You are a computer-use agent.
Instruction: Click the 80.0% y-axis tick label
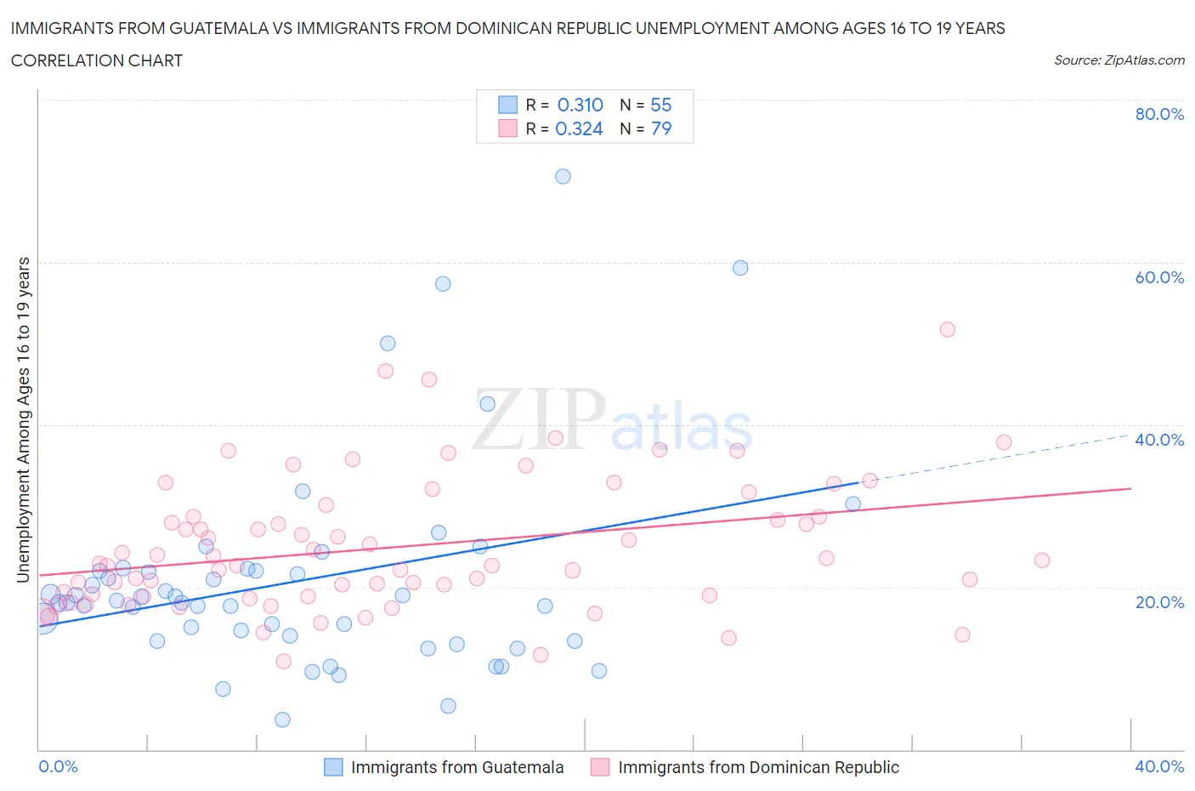pyautogui.click(x=1159, y=114)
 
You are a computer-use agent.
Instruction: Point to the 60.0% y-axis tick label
pyautogui.click(x=1159, y=277)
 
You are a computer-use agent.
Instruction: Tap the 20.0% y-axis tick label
pyautogui.click(x=1159, y=602)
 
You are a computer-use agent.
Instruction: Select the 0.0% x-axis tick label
pyautogui.click(x=58, y=766)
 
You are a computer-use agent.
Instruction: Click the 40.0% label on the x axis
pyautogui.click(x=1159, y=766)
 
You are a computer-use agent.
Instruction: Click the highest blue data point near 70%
pyautogui.click(x=563, y=177)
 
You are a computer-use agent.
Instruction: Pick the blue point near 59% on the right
pyautogui.click(x=740, y=268)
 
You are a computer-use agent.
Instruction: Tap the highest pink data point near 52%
pyautogui.click(x=948, y=330)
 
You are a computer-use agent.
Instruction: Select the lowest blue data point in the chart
pyautogui.click(x=283, y=720)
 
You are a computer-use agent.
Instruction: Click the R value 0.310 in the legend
pyautogui.click(x=580, y=105)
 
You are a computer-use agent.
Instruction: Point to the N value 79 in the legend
pyautogui.click(x=661, y=128)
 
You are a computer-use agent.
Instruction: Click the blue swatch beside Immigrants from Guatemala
pyautogui.click(x=333, y=767)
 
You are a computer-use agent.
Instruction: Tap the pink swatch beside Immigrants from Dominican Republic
pyautogui.click(x=600, y=767)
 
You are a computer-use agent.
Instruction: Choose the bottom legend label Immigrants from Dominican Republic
pyautogui.click(x=758, y=767)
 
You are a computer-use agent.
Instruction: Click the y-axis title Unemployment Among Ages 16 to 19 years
pyautogui.click(x=23, y=419)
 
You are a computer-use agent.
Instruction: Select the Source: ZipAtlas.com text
pyautogui.click(x=1119, y=60)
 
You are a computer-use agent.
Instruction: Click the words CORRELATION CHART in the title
pyautogui.click(x=97, y=60)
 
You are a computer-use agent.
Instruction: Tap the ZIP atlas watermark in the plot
pyautogui.click(x=612, y=421)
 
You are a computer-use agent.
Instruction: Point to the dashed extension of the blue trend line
pyautogui.click(x=1003, y=458)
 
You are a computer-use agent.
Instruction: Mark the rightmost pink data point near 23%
pyautogui.click(x=1042, y=561)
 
